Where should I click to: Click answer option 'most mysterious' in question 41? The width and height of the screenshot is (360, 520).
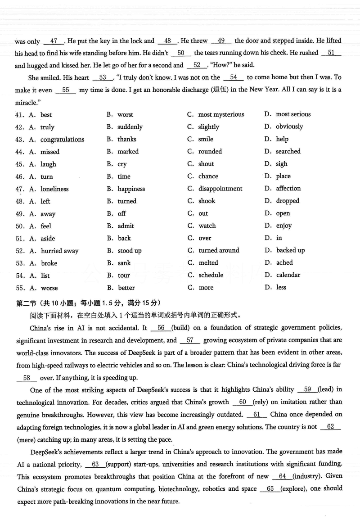pyautogui.click(x=221, y=114)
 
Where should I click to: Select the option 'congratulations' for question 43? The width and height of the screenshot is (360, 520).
pyautogui.click(x=62, y=140)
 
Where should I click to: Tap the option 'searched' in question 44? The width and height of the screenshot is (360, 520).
pyautogui.click(x=288, y=152)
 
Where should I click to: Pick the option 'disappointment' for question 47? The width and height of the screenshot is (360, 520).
pyautogui.click(x=220, y=189)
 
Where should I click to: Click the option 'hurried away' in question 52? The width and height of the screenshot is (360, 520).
pyautogui.click(x=59, y=251)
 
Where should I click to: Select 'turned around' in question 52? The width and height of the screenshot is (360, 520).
pyautogui.click(x=219, y=250)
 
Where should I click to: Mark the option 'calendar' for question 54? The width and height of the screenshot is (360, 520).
pyautogui.click(x=288, y=275)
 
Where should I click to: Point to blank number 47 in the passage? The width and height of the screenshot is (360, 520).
pyautogui.click(x=54, y=41)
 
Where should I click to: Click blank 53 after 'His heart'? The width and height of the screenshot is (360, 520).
pyautogui.click(x=103, y=77)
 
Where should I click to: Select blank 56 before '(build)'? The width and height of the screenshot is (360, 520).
pyautogui.click(x=161, y=328)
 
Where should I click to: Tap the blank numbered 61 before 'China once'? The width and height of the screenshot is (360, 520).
pyautogui.click(x=257, y=414)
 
